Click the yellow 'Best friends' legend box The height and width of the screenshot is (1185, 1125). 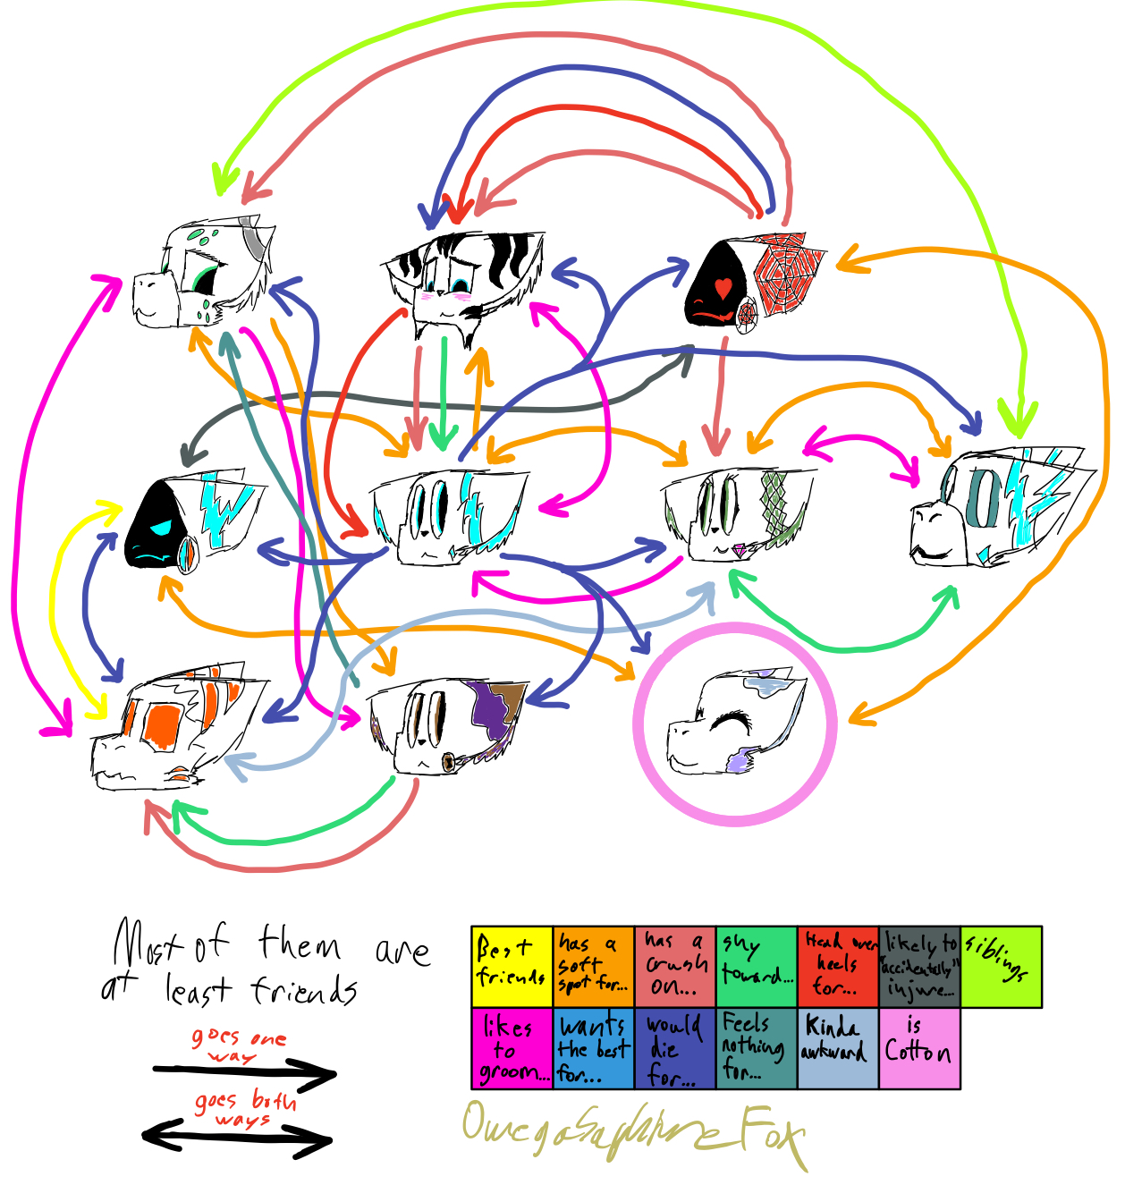point(512,966)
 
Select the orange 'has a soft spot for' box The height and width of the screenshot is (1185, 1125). point(593,966)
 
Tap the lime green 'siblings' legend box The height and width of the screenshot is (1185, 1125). point(1001,966)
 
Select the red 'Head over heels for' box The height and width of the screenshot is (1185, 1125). point(837,966)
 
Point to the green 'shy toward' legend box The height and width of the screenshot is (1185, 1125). point(756,966)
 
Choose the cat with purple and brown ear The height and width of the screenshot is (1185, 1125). point(447,724)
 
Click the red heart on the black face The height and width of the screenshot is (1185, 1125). point(723,288)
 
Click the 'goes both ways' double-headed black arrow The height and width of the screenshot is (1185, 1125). point(238,1137)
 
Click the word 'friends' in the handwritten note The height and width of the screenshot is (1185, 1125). point(303,990)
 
